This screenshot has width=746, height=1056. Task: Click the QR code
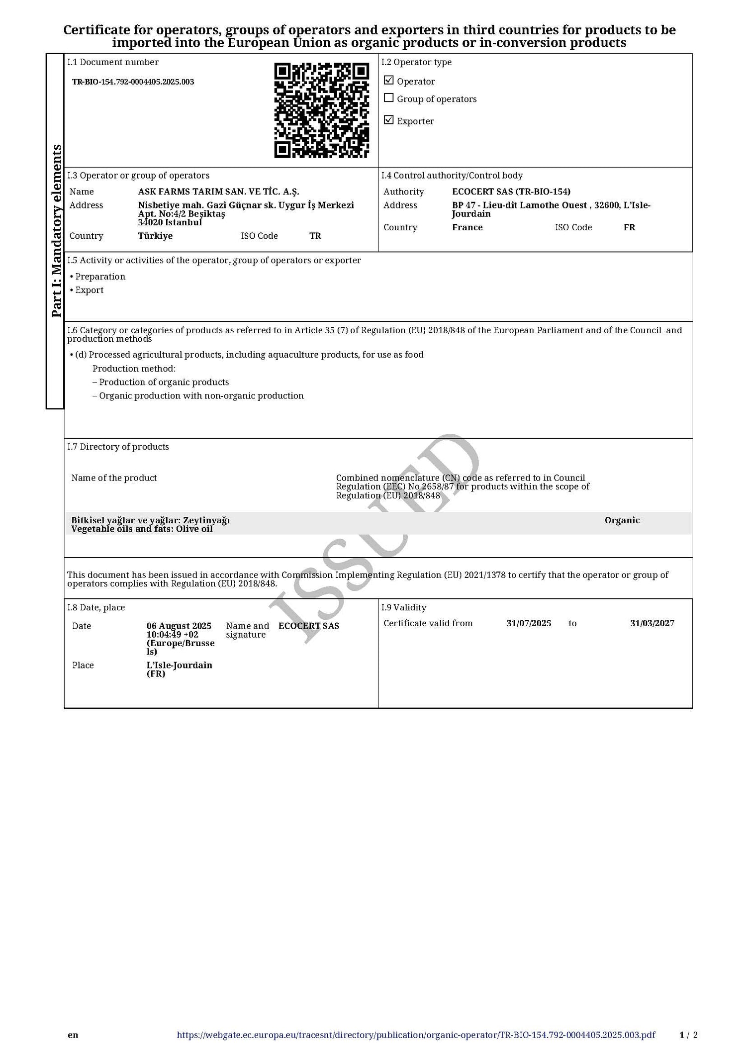322,110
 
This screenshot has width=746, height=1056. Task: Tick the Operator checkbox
389,81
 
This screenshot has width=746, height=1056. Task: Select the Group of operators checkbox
389,98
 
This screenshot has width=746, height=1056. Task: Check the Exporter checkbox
389,120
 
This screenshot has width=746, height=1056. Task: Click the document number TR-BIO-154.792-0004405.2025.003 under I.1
133,82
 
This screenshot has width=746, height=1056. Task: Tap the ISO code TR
315,236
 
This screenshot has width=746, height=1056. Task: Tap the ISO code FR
629,227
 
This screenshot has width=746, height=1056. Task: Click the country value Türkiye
155,236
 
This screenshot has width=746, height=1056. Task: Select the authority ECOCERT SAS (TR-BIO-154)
511,192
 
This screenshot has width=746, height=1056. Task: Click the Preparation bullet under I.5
100,277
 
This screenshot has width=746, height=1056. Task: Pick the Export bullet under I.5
90,290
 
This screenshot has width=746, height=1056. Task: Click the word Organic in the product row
622,520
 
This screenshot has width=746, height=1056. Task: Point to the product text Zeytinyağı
206,520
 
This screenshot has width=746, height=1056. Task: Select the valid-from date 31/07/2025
529,623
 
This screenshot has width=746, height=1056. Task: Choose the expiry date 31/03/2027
652,623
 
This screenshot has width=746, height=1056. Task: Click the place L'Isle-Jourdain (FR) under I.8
179,669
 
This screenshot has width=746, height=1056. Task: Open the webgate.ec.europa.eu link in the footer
416,1035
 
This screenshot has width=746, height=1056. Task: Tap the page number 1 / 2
688,1035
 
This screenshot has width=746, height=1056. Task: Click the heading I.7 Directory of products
118,447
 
